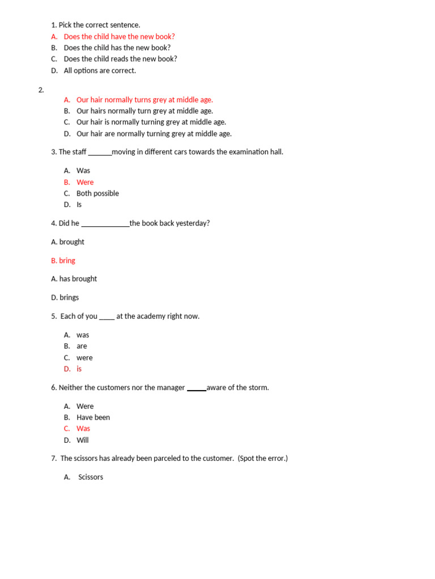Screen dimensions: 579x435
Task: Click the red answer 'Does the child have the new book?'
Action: [119, 37]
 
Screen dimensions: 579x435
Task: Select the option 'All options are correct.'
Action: [100, 71]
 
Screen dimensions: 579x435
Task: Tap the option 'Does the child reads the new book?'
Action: [120, 59]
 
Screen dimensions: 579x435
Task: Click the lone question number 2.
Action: [41, 90]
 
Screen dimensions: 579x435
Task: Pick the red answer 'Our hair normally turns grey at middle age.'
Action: [144, 100]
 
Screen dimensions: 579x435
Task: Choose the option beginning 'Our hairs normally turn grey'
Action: [144, 111]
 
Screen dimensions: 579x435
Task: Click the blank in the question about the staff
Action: [100, 153]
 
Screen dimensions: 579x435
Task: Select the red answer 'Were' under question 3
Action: [85, 183]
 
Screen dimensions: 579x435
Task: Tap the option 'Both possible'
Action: [97, 193]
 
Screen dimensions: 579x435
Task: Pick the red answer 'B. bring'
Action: [63, 261]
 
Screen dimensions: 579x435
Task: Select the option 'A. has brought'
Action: [74, 279]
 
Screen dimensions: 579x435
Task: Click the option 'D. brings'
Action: [65, 297]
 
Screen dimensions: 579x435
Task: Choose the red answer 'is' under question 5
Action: [79, 369]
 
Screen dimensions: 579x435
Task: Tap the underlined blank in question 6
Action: [197, 388]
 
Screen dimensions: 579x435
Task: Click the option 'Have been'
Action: [93, 417]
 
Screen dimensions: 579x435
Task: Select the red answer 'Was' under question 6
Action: [83, 429]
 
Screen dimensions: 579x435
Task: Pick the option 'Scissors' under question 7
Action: [91, 477]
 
